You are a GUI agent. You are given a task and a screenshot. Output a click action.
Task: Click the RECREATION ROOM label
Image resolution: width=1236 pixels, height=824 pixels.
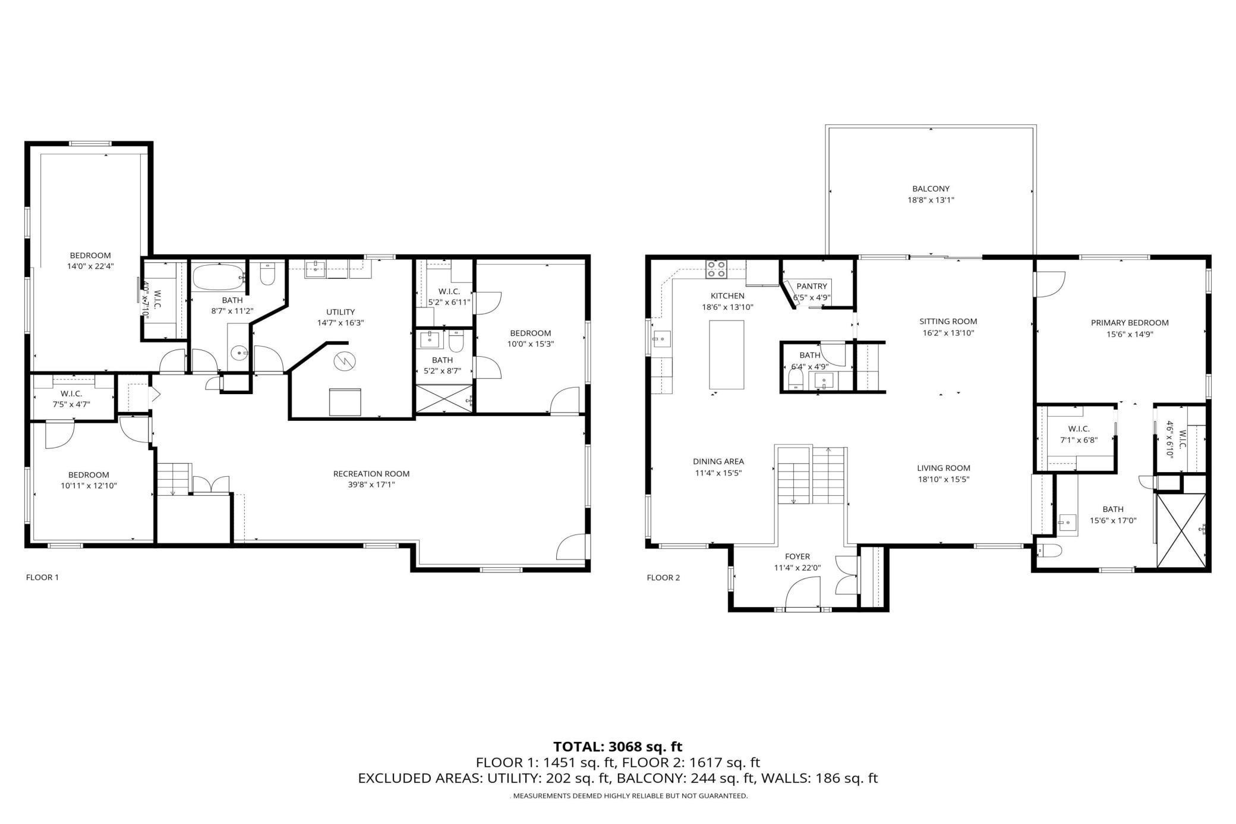pos(371,474)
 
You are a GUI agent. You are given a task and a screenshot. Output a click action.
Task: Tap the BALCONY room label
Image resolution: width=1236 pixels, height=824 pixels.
pos(931,189)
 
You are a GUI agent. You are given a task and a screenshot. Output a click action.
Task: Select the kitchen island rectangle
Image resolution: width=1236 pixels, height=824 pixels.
pos(727,354)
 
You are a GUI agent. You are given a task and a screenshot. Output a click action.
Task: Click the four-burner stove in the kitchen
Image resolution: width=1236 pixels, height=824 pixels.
pos(716,269)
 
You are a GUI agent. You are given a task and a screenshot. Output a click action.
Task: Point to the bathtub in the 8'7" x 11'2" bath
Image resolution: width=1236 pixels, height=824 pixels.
pos(218,277)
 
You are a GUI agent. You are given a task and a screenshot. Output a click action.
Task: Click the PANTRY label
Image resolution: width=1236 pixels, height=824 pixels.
pos(812,287)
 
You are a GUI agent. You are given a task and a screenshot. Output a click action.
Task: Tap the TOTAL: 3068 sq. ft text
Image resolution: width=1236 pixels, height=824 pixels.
pos(618,747)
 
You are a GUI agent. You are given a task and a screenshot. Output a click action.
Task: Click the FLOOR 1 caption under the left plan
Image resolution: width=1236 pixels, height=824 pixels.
pos(42,577)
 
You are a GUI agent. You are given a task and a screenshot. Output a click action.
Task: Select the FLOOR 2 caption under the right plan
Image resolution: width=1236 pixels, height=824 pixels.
pos(663,578)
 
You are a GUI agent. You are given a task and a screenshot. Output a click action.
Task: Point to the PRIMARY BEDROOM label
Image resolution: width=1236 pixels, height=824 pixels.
pos(1130,323)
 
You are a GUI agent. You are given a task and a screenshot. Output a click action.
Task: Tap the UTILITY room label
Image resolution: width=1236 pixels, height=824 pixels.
pos(340,312)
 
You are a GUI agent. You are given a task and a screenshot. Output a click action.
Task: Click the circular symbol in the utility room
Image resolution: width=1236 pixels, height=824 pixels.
pos(343,361)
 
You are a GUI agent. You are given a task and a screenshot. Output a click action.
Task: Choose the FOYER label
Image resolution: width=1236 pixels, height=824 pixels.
pos(797,556)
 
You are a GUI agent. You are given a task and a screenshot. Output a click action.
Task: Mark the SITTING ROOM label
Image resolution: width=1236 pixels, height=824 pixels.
pos(948,322)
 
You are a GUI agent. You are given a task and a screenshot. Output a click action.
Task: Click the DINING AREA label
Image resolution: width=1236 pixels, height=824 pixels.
pos(718,461)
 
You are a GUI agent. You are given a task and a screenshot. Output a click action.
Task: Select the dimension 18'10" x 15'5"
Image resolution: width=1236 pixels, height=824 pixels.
pos(944,479)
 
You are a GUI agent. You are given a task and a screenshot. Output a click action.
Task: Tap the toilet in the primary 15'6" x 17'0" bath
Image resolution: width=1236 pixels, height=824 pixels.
pos(1049,551)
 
